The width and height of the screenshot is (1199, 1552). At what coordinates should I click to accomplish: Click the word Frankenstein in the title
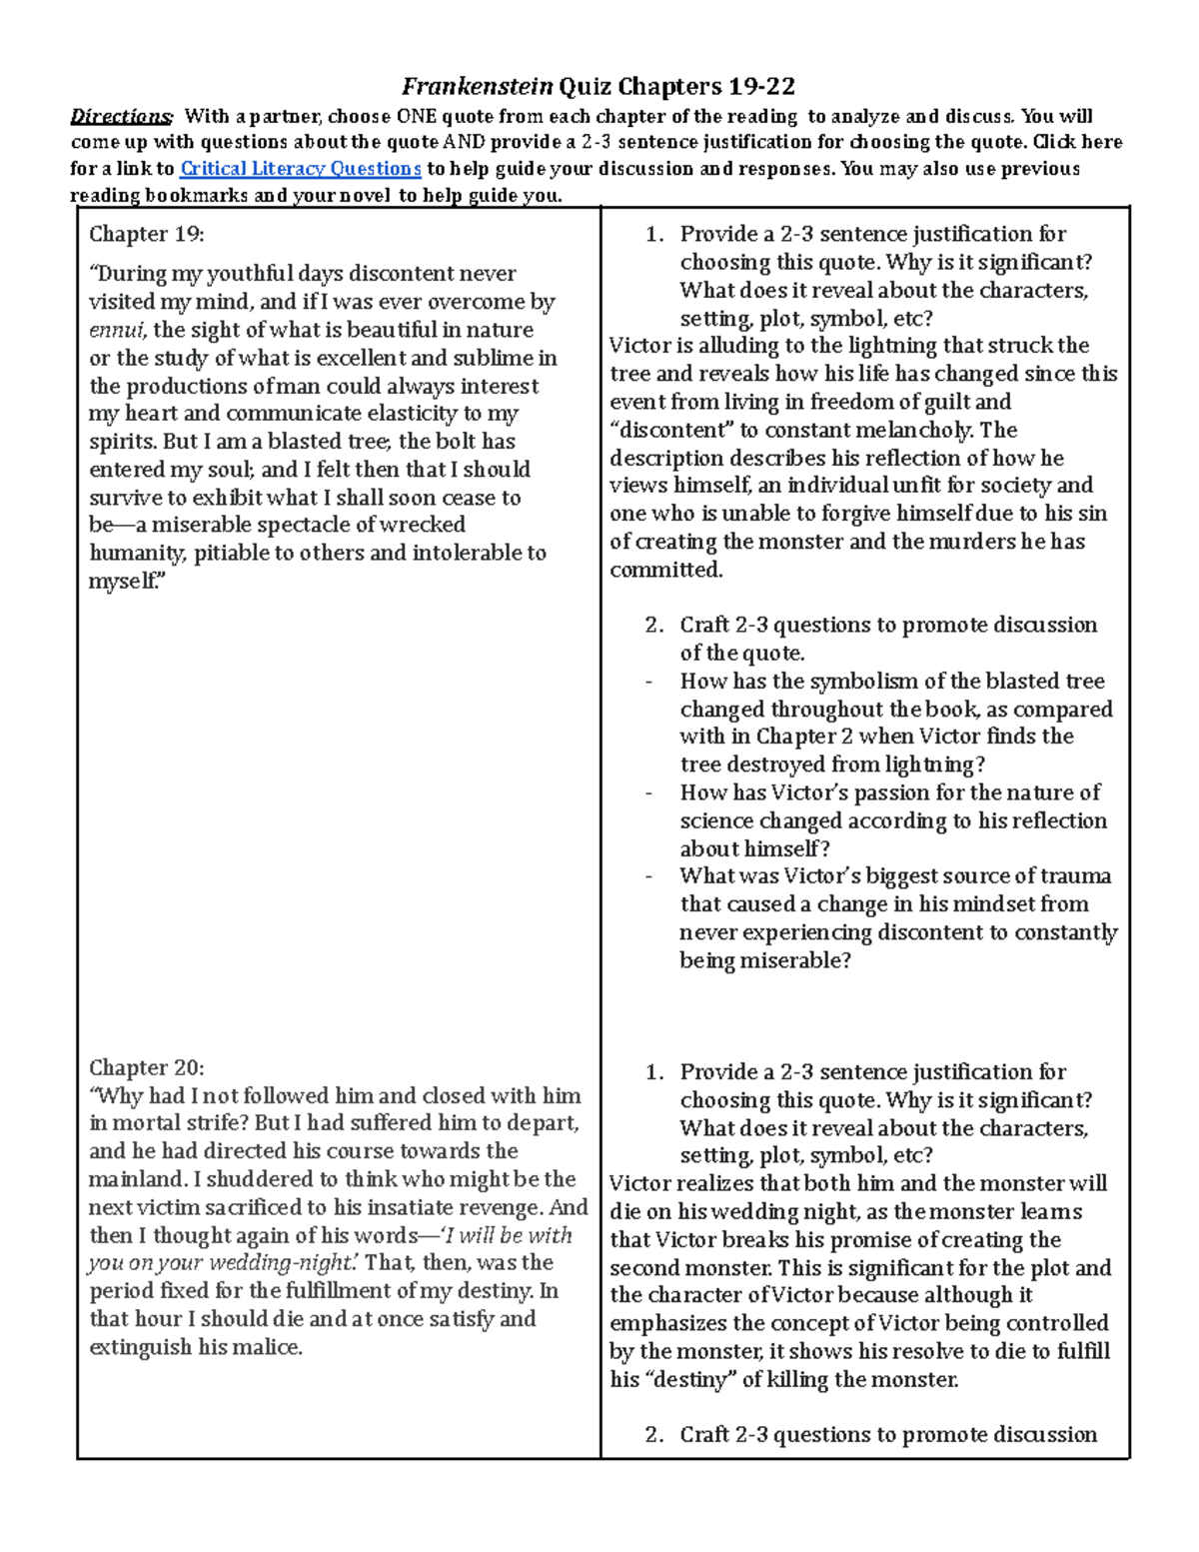coord(478,86)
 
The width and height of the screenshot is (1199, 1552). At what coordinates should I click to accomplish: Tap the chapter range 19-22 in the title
coord(761,86)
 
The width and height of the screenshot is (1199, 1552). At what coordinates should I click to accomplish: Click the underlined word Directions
coord(121,116)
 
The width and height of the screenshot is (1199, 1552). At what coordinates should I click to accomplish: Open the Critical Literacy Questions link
coord(300,169)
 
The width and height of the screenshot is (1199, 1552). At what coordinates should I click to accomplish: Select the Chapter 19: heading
coord(146,234)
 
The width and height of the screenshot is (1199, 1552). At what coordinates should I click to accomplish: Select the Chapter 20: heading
coord(146,1067)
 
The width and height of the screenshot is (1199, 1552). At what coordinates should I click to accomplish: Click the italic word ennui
coord(117,330)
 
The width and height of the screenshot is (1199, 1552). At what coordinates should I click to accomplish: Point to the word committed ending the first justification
coord(665,570)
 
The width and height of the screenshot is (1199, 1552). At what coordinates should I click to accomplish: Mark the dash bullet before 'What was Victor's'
coord(649,876)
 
